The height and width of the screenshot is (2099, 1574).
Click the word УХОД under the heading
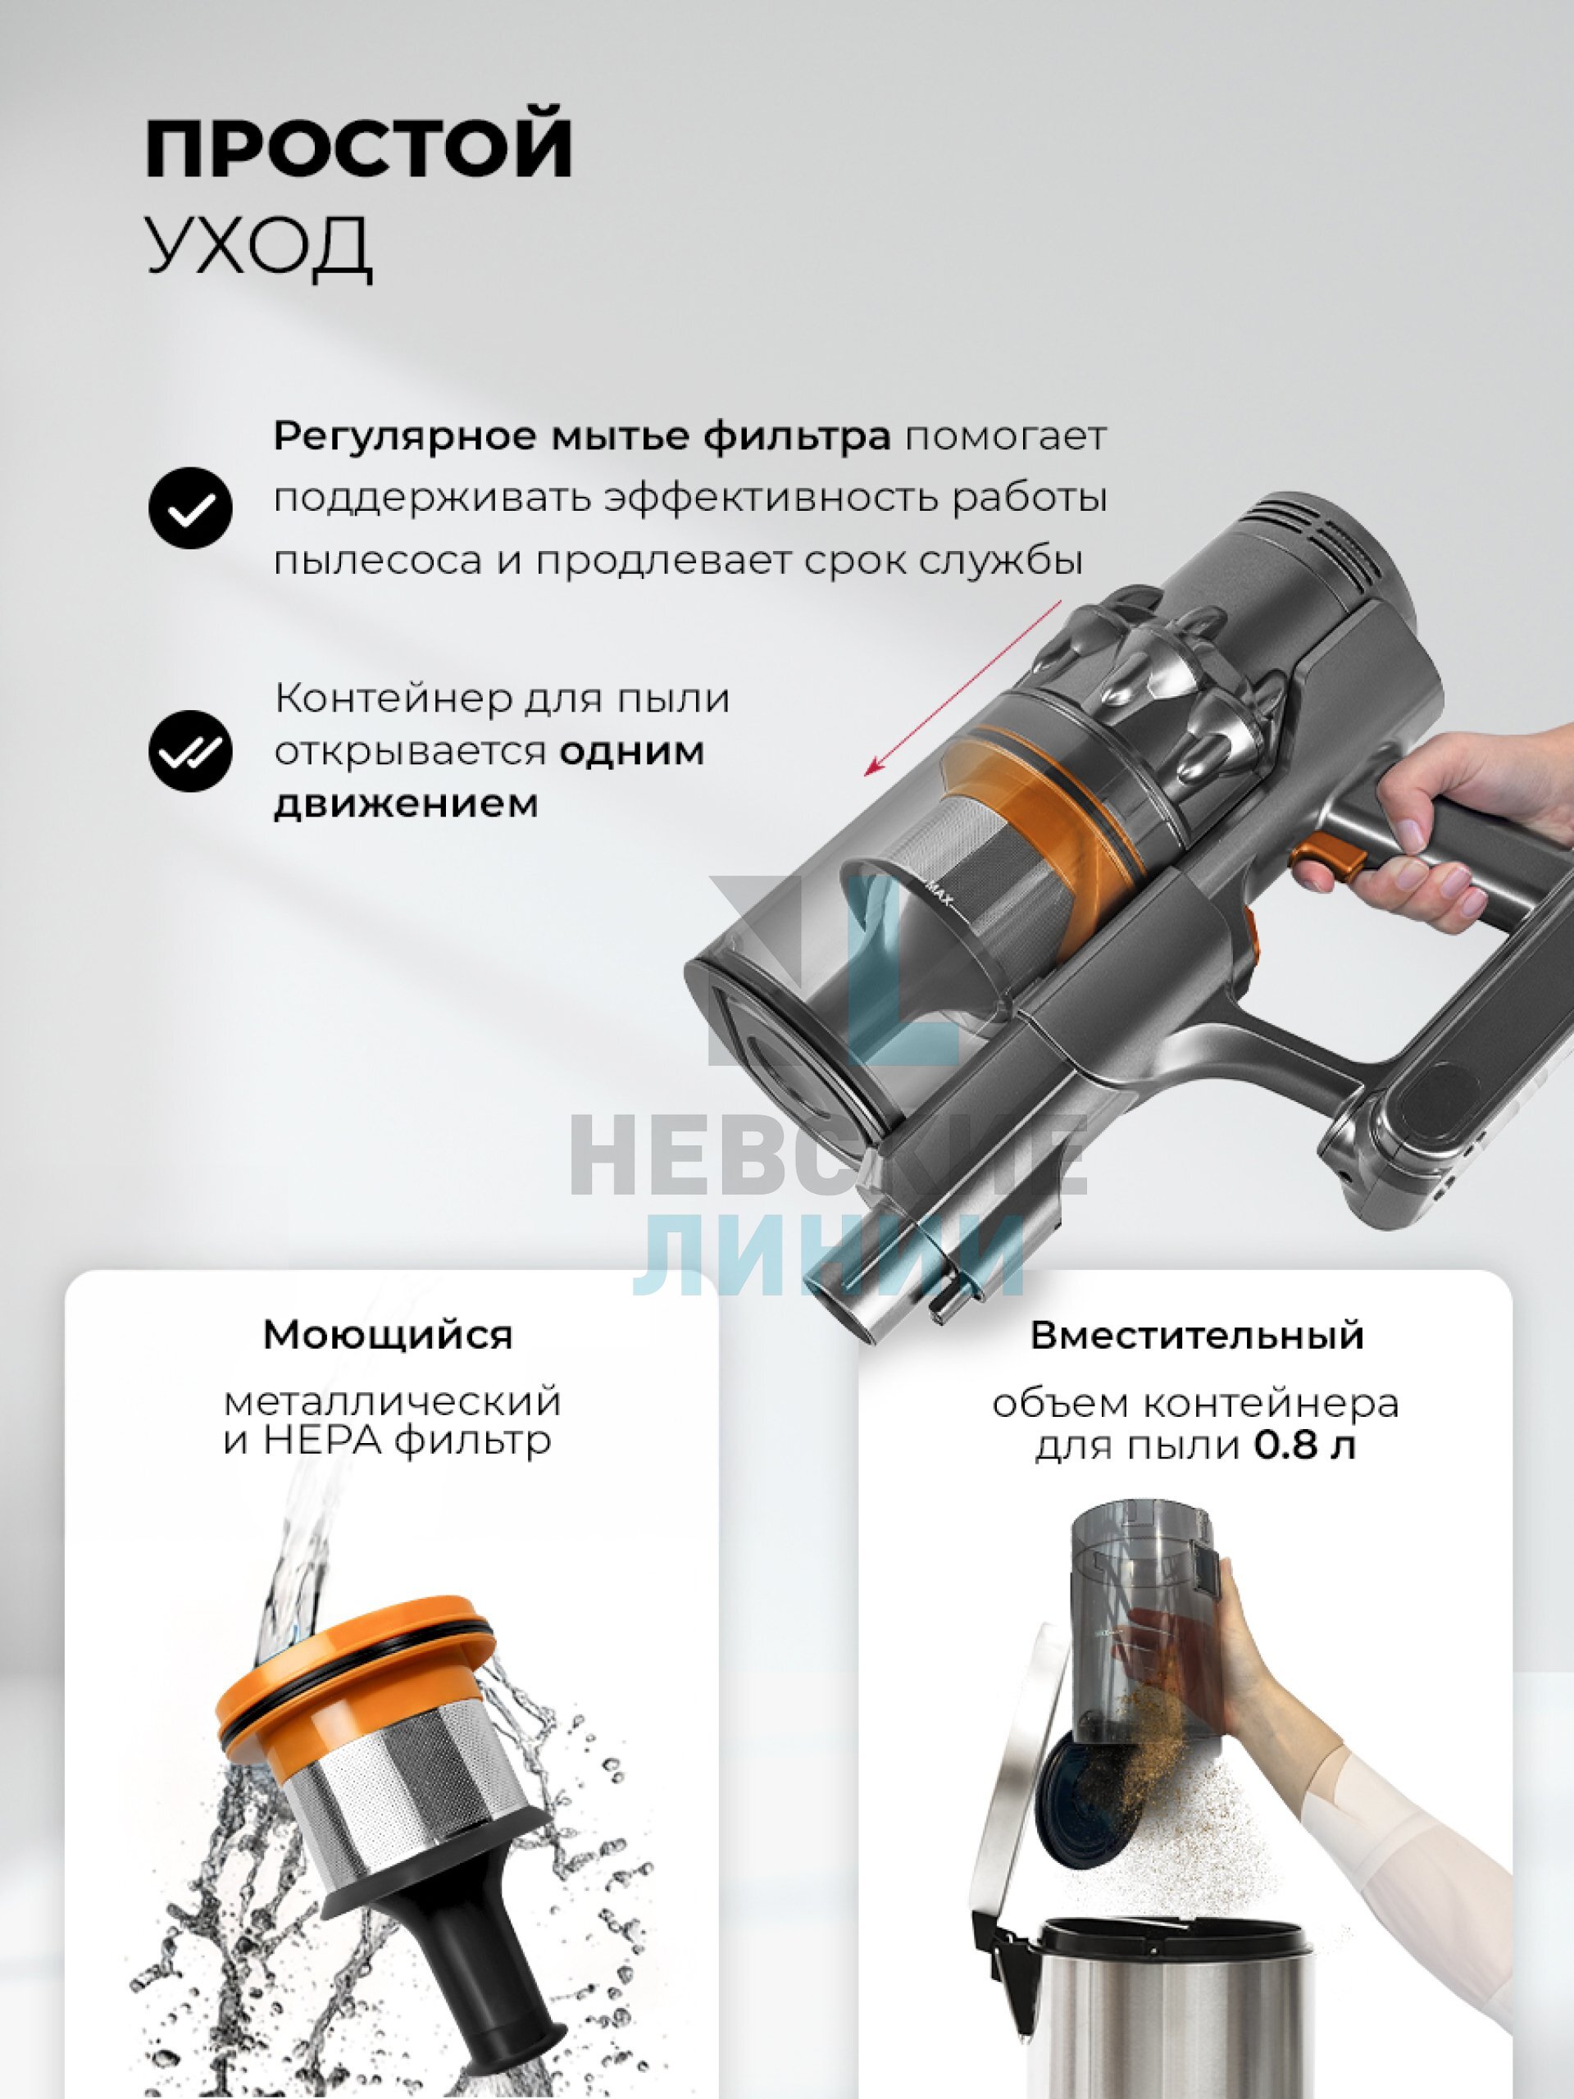[x=259, y=247]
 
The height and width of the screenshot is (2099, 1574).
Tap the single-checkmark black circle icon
[x=191, y=508]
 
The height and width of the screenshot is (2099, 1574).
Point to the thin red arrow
[x=962, y=689]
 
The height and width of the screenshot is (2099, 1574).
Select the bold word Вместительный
[x=1198, y=1335]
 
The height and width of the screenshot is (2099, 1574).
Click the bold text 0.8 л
[x=1304, y=1446]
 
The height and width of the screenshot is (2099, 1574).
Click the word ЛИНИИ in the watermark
[x=828, y=1254]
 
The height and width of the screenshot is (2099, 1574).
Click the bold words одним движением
[x=489, y=778]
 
